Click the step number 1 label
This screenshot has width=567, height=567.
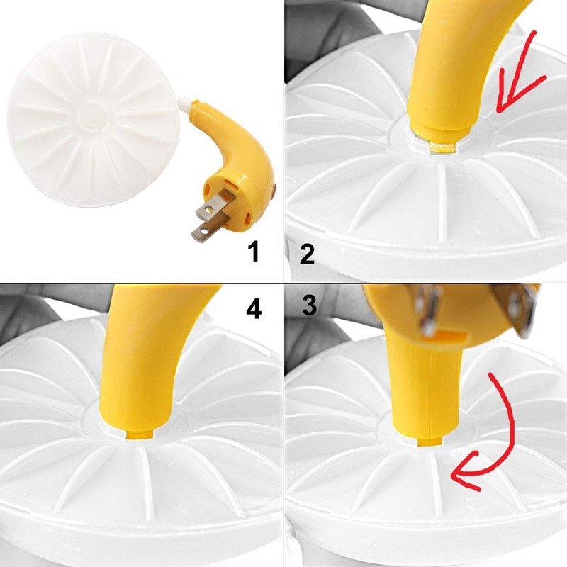(254, 252)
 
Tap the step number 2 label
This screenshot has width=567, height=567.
(307, 254)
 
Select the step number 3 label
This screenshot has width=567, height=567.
(310, 306)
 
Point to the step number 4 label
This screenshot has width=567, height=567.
(254, 309)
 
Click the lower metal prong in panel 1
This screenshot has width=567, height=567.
(209, 225)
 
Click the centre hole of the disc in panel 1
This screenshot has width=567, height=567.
(94, 116)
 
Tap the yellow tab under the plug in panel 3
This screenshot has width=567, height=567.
(430, 442)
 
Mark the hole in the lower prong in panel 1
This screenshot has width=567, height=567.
(203, 230)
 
